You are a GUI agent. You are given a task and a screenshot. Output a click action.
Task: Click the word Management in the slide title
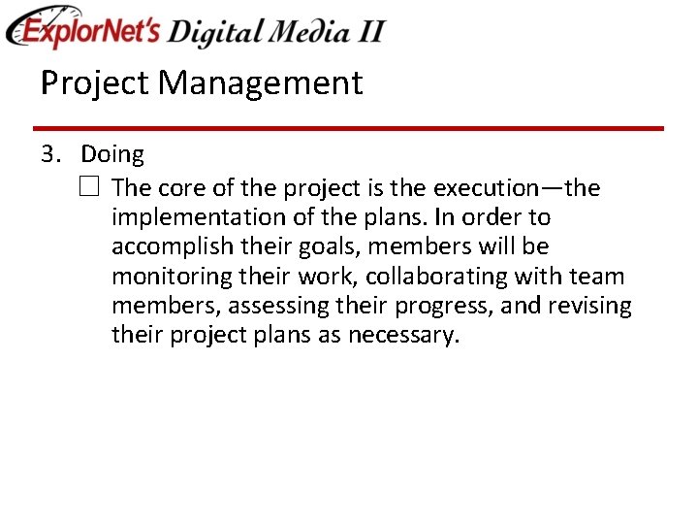(260, 83)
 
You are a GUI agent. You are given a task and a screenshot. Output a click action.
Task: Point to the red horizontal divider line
(348, 128)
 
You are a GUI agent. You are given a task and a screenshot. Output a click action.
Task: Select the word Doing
(111, 155)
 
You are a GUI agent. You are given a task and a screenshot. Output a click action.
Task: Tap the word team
(596, 278)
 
